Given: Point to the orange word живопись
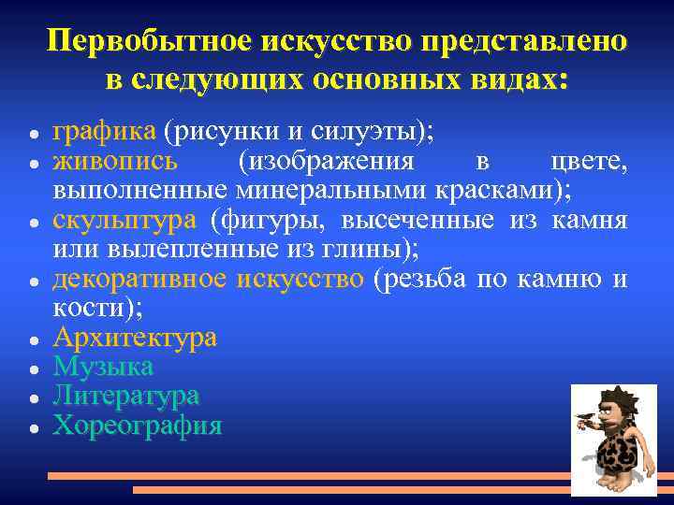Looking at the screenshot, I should pos(114,162).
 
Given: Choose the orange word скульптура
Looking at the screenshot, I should pos(125,221).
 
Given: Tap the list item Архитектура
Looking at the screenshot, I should pos(135,338).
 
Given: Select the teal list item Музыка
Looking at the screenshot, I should pos(103,367).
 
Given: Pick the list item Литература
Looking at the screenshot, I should pos(125,397).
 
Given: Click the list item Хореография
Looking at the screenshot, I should pos(138,426).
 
